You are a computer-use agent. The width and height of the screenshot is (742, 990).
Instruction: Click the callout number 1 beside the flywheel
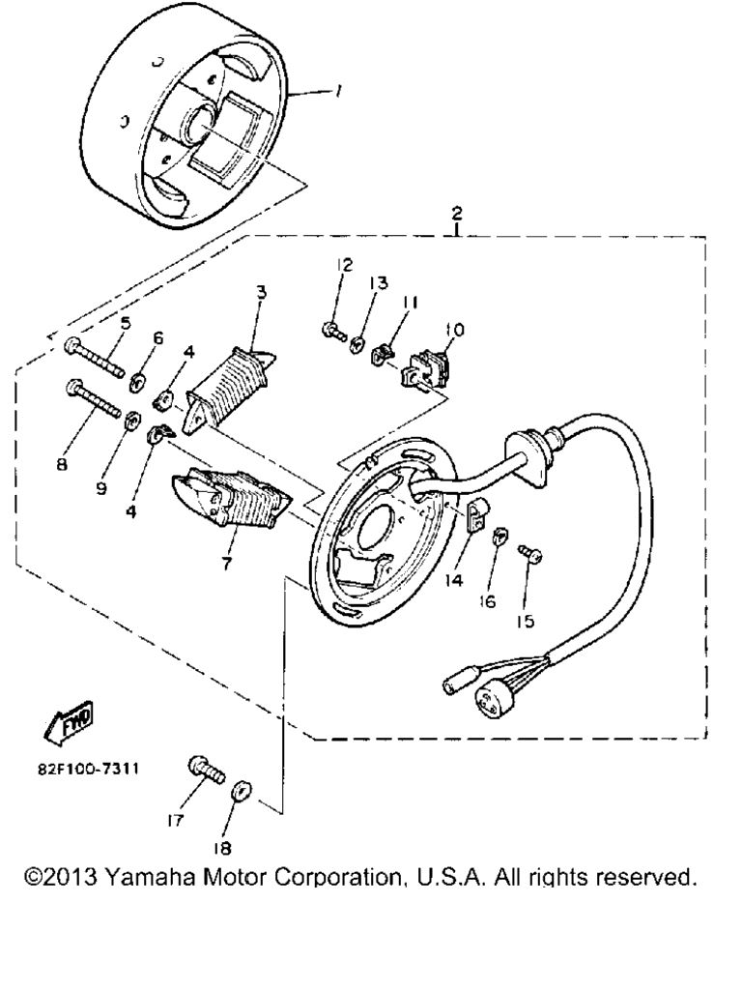tap(338, 92)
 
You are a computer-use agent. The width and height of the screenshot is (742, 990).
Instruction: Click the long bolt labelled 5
tap(94, 357)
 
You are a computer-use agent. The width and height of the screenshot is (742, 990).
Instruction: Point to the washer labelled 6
tap(138, 382)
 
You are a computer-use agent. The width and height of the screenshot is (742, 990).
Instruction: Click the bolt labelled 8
tap(93, 397)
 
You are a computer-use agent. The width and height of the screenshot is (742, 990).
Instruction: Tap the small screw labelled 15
tap(531, 554)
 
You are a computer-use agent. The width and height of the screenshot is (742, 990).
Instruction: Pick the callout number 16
tap(487, 602)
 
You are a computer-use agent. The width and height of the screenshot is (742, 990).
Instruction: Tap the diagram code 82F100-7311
tap(88, 770)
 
